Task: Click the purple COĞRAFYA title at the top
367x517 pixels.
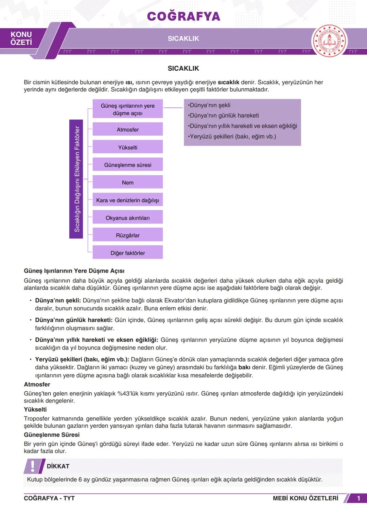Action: [183, 16]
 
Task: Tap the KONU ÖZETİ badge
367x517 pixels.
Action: [21, 38]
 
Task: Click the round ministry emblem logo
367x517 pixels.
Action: [329, 41]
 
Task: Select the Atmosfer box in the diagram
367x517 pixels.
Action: [128, 130]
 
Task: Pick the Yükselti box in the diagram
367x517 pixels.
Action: [128, 147]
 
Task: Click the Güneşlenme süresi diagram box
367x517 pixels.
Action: [128, 165]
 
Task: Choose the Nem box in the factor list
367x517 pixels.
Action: [128, 183]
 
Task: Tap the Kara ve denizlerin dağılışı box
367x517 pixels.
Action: [128, 200]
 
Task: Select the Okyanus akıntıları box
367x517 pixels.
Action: [128, 218]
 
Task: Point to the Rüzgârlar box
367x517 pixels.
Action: [128, 235]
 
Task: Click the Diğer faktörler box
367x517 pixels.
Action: [128, 253]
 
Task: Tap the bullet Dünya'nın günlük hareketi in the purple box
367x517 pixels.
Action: [224, 115]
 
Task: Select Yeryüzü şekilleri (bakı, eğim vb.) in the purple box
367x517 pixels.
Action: [232, 137]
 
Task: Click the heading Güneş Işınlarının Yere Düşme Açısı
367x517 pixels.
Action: [74, 271]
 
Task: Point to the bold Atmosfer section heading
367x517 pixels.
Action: [37, 385]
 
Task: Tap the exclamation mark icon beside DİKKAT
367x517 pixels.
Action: [33, 466]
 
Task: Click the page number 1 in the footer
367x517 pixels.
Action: [359, 498]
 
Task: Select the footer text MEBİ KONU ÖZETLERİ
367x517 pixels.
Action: [305, 498]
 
